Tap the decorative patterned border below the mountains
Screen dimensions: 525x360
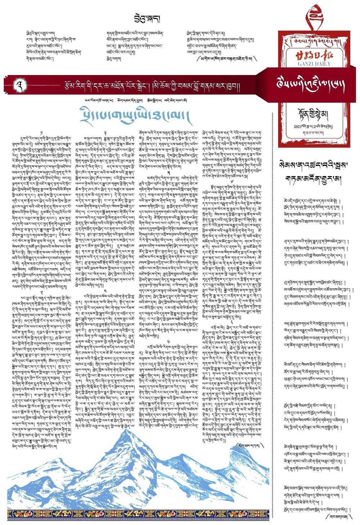pyautogui.click(x=139, y=513)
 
